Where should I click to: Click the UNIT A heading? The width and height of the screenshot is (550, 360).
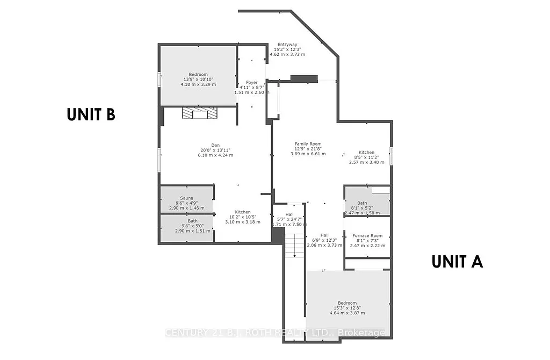coord(458,262)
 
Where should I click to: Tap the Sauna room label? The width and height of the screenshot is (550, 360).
coord(186,203)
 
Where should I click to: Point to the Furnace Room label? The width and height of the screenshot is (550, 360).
coord(367,240)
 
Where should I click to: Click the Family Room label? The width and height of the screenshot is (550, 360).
coord(308,148)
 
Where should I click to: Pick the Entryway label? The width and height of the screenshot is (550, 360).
coord(287,49)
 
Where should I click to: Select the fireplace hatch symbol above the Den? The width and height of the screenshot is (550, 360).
coord(199,113)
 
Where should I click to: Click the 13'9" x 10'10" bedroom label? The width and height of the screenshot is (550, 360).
coord(198,79)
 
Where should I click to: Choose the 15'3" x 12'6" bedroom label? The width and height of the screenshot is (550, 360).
coord(347,307)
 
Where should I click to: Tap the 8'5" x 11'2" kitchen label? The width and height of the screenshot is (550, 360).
coord(366,157)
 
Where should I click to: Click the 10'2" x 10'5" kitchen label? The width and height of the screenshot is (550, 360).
coord(237,217)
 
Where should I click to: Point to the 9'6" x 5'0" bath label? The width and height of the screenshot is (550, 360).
coord(192,226)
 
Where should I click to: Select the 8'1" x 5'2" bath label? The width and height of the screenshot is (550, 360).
coord(361,208)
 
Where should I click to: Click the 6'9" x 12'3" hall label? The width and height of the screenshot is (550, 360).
coord(324,240)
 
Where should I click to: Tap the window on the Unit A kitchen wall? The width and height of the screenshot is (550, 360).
coord(392,155)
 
